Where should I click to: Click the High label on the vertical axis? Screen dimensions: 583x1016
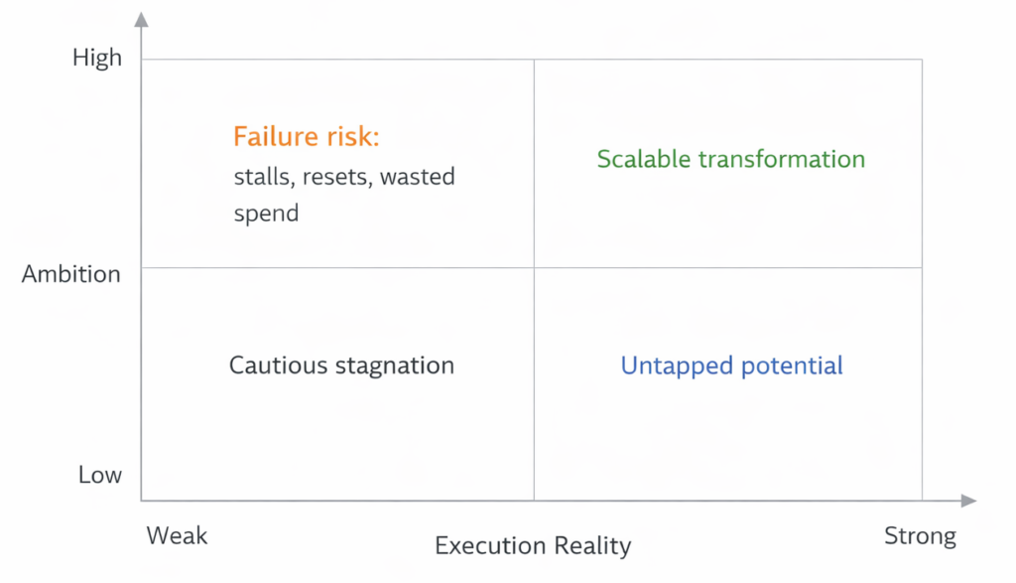97,59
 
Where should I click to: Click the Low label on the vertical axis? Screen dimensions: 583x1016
100,475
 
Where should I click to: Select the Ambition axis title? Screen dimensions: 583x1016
71,274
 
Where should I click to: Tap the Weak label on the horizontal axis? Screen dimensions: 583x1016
178,536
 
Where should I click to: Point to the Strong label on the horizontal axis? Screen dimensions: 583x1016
920,537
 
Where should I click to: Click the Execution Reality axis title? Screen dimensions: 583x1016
533,545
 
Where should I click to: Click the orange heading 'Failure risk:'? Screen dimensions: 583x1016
307,137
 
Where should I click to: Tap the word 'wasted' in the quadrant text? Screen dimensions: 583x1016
418,178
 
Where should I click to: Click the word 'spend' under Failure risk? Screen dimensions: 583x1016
266,214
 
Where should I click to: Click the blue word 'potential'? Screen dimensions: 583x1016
793,366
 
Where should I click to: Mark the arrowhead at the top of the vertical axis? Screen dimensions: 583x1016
142,20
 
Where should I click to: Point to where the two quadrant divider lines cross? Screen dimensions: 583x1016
534,267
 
